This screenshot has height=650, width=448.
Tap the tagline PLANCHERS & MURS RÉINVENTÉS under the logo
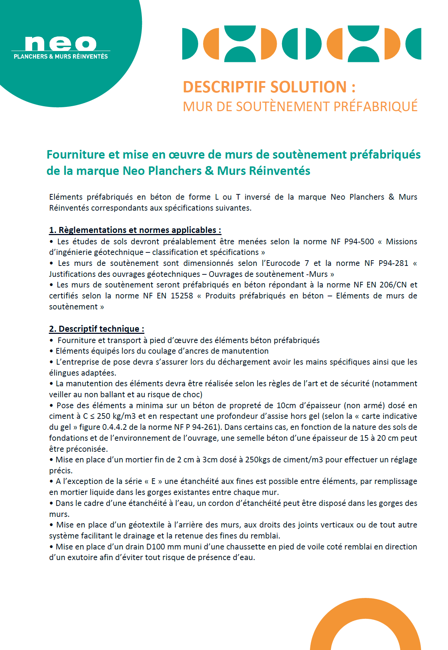tap(61, 56)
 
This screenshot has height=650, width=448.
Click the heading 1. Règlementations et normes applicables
tap(135, 230)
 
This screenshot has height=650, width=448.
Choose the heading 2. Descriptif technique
tap(96, 329)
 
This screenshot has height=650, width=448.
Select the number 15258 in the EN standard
tap(182, 296)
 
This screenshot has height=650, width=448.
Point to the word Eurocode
tap(283, 263)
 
